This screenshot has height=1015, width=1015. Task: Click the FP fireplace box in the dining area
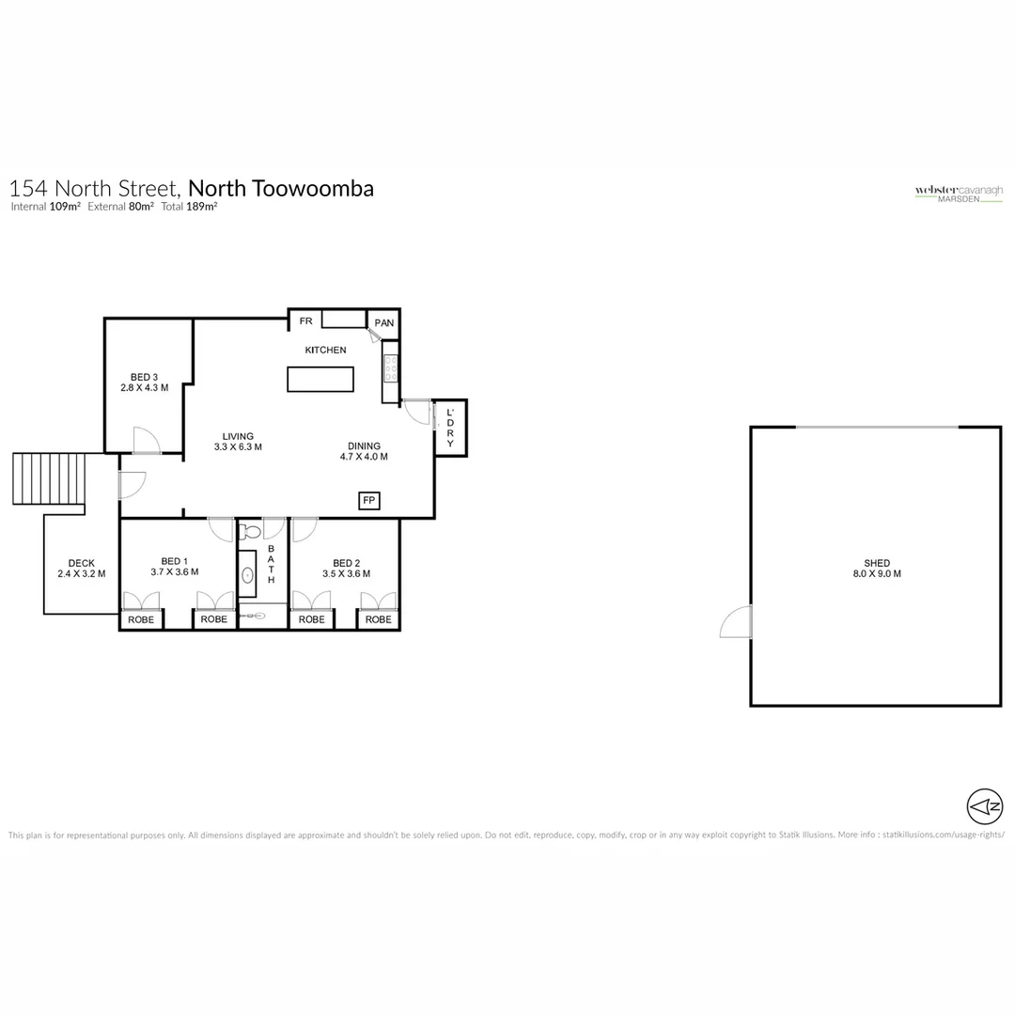(369, 501)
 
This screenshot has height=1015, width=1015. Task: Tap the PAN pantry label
(384, 323)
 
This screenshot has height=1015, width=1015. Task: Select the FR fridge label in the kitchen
(305, 321)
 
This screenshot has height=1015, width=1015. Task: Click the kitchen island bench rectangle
(320, 380)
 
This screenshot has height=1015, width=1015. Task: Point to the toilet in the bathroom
(250, 532)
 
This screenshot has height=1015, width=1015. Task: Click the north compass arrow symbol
(985, 805)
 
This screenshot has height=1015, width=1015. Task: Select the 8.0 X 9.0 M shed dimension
(876, 573)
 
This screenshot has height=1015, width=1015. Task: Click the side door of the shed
(738, 622)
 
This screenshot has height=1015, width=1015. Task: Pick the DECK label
(81, 563)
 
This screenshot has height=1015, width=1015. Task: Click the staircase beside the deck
(49, 478)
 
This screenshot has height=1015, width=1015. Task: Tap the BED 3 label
(144, 377)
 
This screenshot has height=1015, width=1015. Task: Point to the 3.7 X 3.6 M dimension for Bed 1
(174, 572)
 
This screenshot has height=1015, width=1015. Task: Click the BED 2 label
(346, 563)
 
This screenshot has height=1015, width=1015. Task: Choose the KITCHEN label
(325, 350)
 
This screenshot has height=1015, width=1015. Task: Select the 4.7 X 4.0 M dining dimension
(364, 457)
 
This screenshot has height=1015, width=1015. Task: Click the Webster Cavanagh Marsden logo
(959, 193)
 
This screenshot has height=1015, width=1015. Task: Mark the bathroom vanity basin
(247, 575)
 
